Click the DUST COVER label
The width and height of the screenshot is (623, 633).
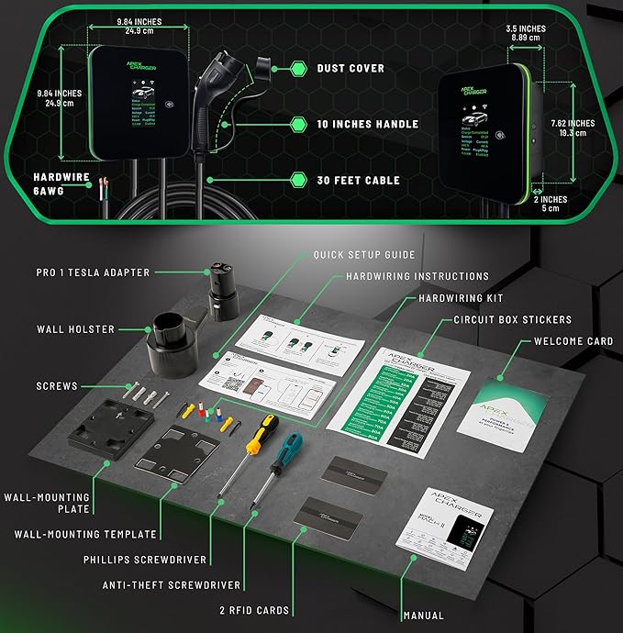pyautogui.click(x=351, y=68)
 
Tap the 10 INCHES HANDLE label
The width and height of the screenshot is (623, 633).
pyautogui.click(x=367, y=124)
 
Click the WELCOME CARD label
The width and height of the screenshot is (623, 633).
pyautogui.click(x=573, y=341)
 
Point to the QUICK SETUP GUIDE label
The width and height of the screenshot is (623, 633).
pyautogui.click(x=363, y=255)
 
